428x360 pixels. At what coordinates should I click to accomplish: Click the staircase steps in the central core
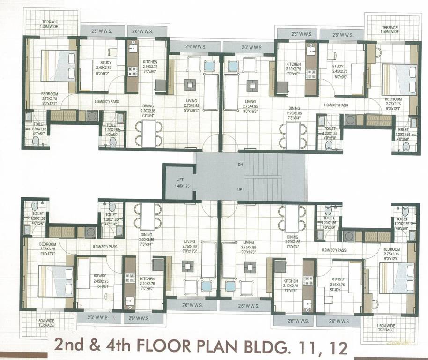264,177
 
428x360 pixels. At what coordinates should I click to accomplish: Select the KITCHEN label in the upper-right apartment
293,64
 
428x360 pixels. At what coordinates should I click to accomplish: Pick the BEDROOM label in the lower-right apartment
392,249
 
